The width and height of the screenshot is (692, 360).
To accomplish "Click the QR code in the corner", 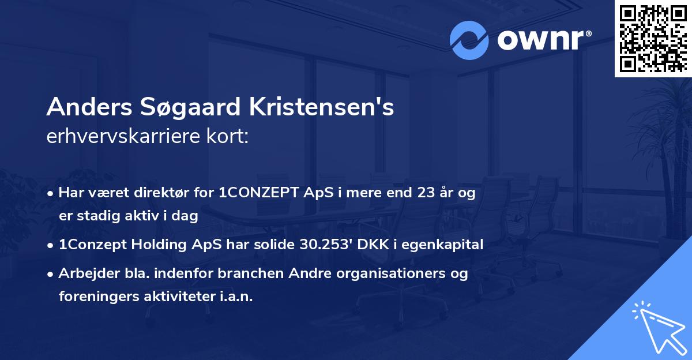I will tap(653, 39).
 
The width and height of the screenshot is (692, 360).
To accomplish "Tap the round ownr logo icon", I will tap(469, 40).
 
